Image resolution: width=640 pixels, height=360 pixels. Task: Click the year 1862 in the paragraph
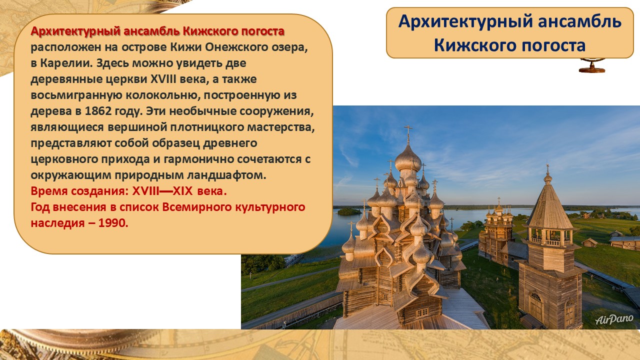tap(98, 111)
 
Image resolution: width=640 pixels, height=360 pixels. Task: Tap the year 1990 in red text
tap(113, 223)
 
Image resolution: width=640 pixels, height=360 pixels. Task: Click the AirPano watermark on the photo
tap(614, 319)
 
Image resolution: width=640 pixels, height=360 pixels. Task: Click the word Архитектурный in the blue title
tap(465, 21)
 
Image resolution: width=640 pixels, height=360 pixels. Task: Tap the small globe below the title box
tap(592, 65)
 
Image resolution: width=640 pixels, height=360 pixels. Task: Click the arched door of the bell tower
tap(535, 306)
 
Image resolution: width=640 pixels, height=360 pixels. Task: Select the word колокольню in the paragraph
tap(162, 95)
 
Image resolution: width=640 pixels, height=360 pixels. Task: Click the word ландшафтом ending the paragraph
tap(226, 175)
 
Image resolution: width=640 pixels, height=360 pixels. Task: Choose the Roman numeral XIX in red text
tap(183, 191)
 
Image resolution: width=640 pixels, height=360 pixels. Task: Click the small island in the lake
tap(349, 211)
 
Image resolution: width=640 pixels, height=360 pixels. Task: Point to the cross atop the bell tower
tap(547, 168)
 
